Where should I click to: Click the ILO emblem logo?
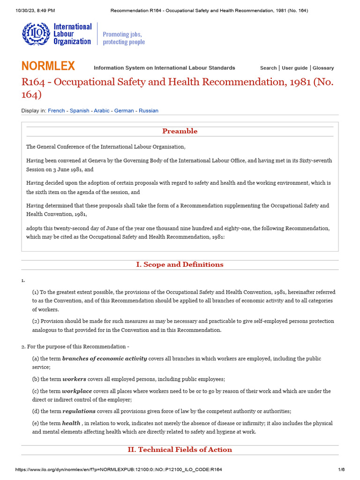[x=35, y=34]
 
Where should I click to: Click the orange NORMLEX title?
[x=48, y=66]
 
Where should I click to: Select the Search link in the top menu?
[x=268, y=68]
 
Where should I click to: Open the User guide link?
[x=295, y=68]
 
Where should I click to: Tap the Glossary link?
[x=323, y=68]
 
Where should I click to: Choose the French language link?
[x=56, y=111]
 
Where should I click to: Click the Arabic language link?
[x=101, y=111]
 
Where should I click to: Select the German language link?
[x=124, y=111]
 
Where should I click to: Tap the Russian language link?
[x=149, y=111]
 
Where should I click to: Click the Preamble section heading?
[x=180, y=131]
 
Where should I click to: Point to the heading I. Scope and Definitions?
[x=180, y=264]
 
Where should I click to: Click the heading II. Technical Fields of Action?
[x=180, y=450]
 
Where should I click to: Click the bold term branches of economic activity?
[x=105, y=359]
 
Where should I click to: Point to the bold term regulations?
[x=79, y=411]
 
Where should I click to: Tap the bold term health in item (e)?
[x=71, y=423]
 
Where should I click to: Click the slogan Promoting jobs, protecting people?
[x=124, y=38]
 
